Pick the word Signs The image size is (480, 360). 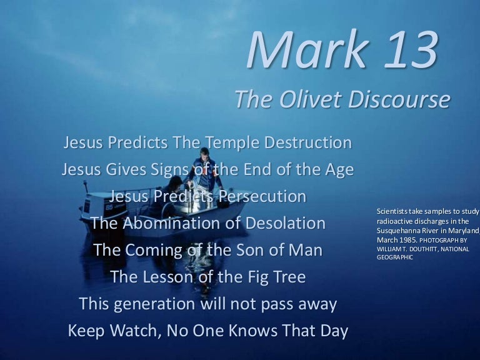[169, 169]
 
